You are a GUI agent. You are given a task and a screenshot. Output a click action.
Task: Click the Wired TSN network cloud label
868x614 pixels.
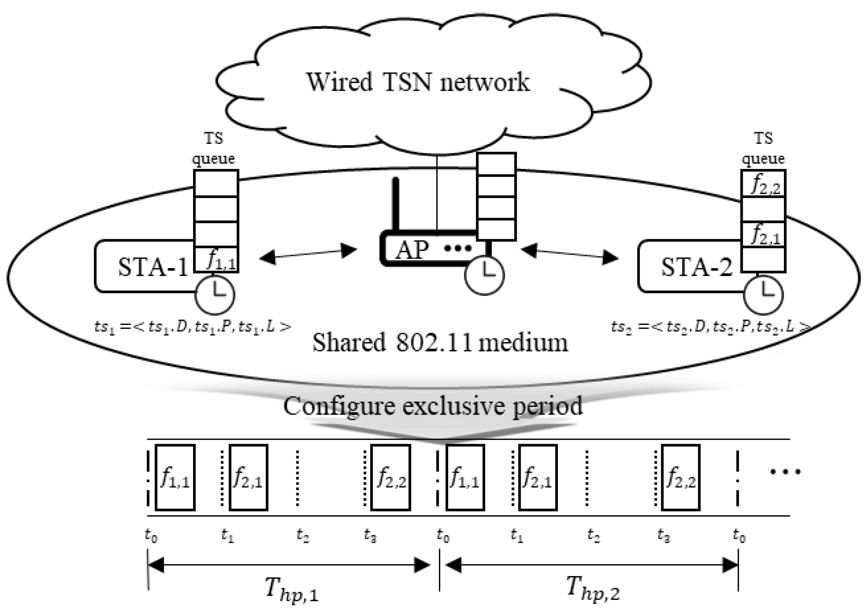(x=418, y=82)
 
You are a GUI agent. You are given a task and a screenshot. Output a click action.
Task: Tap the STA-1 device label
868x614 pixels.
(x=153, y=267)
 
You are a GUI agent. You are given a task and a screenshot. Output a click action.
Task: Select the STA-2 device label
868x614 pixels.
(x=697, y=267)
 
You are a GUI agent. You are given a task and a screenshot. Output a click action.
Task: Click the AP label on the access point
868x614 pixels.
(x=412, y=250)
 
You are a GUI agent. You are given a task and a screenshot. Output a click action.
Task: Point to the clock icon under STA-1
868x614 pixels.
(x=215, y=295)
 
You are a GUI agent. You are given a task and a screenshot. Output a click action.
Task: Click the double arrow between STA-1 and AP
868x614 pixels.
(x=308, y=254)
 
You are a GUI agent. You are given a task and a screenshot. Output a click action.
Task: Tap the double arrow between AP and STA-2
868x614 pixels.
(x=569, y=254)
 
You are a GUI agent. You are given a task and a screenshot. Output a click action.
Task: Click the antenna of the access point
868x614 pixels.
(x=396, y=204)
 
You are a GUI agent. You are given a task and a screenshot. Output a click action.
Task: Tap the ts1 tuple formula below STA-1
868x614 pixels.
(x=193, y=326)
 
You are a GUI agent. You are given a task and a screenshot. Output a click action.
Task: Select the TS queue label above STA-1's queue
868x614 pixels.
(x=214, y=149)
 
